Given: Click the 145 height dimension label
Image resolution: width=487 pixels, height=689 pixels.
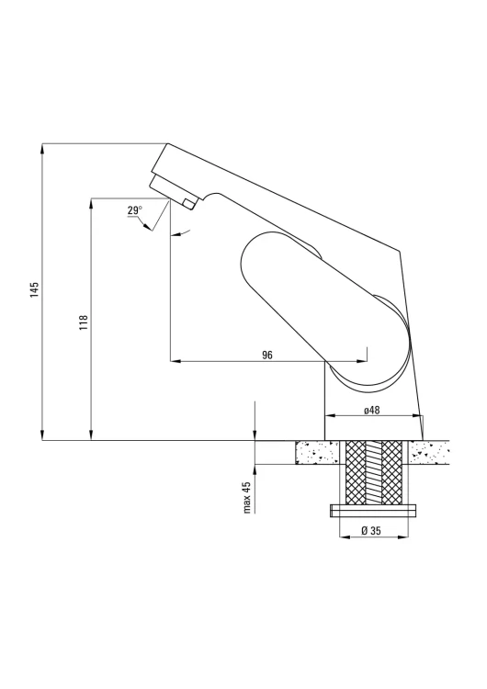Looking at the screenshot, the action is (x=35, y=289).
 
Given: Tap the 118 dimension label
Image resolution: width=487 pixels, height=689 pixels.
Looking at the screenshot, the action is (x=84, y=322).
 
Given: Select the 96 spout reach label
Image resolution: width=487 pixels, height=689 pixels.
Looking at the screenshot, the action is (x=267, y=355).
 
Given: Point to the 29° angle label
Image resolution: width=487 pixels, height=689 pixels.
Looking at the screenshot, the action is (x=135, y=210).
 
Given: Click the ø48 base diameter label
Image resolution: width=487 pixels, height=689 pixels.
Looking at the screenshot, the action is (x=372, y=410).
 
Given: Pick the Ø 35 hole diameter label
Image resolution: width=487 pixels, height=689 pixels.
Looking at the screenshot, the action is (x=371, y=530).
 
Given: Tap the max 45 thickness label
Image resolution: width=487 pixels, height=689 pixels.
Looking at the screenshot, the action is (x=247, y=497).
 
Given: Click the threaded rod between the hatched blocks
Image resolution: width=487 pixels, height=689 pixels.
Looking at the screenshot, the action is (x=374, y=472).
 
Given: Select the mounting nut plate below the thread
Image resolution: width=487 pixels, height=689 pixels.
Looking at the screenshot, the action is (x=373, y=511).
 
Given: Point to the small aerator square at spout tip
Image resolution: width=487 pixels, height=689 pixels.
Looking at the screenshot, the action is (x=189, y=204).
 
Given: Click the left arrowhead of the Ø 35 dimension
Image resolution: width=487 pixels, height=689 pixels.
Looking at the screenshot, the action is (x=345, y=537).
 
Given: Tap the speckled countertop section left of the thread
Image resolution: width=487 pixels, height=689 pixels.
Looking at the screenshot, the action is (x=316, y=453).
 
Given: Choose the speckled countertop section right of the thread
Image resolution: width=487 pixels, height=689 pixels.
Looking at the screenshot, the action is (x=429, y=453).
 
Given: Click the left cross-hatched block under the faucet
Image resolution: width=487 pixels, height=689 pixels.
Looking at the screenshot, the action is (x=356, y=472).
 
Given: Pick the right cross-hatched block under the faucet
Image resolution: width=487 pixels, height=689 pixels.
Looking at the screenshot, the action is (x=391, y=472).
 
